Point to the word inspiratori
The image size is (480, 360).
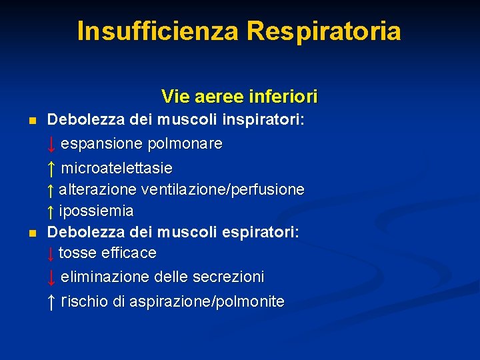tap(263, 121)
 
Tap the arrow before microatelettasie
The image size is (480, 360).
tap(51, 167)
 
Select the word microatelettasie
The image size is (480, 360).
tap(117, 167)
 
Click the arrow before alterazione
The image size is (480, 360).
tap(51, 191)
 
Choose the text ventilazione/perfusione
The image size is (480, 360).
tap(229, 190)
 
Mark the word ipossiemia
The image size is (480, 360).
tap(96, 212)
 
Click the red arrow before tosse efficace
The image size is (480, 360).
tap(51, 255)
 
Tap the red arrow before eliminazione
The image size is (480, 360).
tap(51, 277)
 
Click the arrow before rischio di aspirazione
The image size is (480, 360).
tap(51, 303)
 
